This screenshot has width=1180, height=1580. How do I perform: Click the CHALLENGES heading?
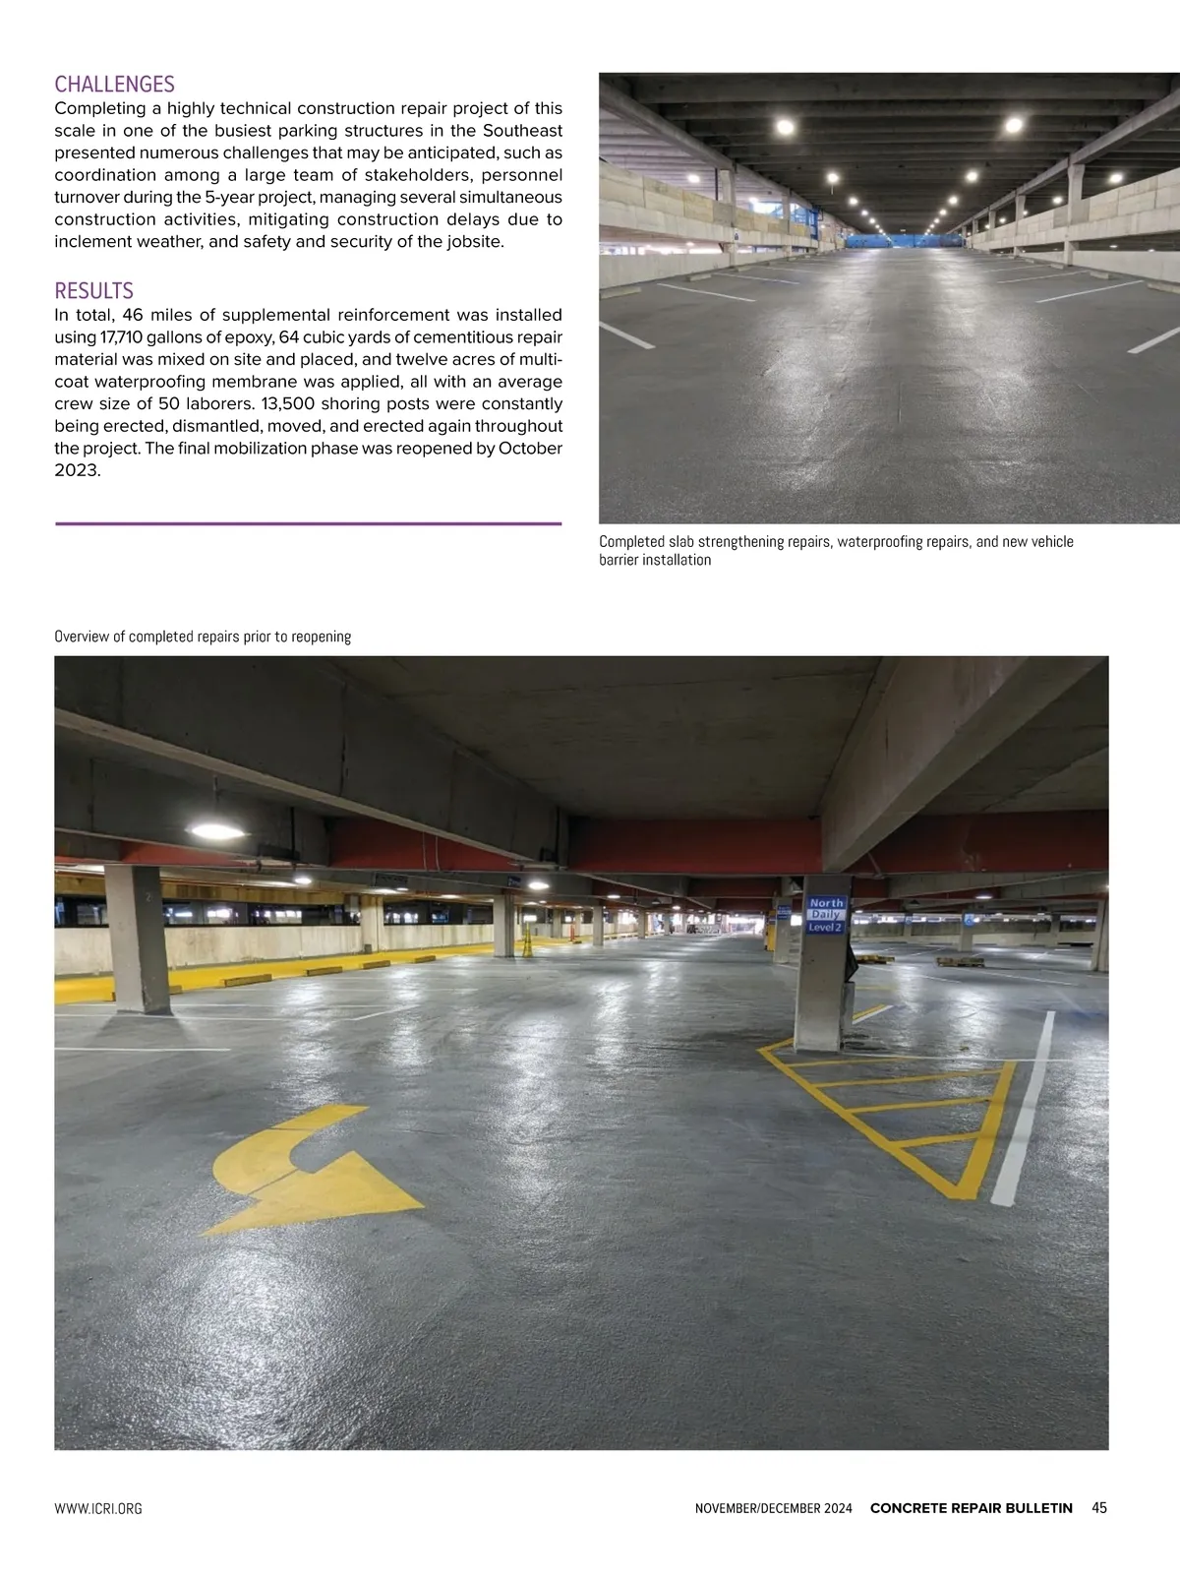[114, 85]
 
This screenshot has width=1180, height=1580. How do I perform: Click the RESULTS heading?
[93, 291]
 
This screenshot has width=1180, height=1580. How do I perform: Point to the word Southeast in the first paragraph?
[512, 131]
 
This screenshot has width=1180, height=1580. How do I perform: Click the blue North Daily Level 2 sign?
[826, 914]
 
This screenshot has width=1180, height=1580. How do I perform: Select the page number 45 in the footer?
[1099, 1508]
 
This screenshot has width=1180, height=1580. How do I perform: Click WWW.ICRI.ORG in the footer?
[98, 1509]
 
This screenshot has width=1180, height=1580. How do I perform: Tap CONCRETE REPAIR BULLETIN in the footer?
[971, 1508]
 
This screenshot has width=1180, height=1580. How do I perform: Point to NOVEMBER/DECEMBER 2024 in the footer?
[773, 1509]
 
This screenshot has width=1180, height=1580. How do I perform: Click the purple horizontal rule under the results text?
[308, 523]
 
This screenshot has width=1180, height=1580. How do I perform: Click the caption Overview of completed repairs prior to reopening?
[203, 637]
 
